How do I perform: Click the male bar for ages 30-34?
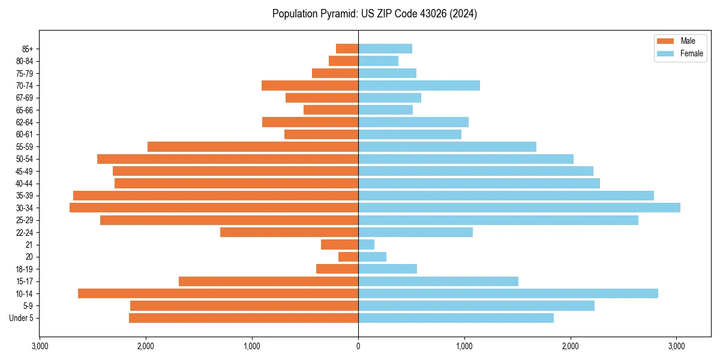click(214, 208)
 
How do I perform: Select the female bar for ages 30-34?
click(519, 208)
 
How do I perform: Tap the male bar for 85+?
click(347, 49)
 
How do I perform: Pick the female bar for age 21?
click(366, 244)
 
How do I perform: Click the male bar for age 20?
click(348, 257)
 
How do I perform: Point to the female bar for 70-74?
click(419, 85)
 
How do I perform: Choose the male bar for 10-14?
click(218, 293)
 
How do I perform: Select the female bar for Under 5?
click(456, 318)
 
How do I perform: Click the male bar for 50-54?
click(227, 159)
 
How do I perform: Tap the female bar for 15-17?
click(438, 281)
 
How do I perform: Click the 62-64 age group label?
click(25, 122)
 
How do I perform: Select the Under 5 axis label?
click(21, 318)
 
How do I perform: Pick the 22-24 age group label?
click(25, 232)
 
